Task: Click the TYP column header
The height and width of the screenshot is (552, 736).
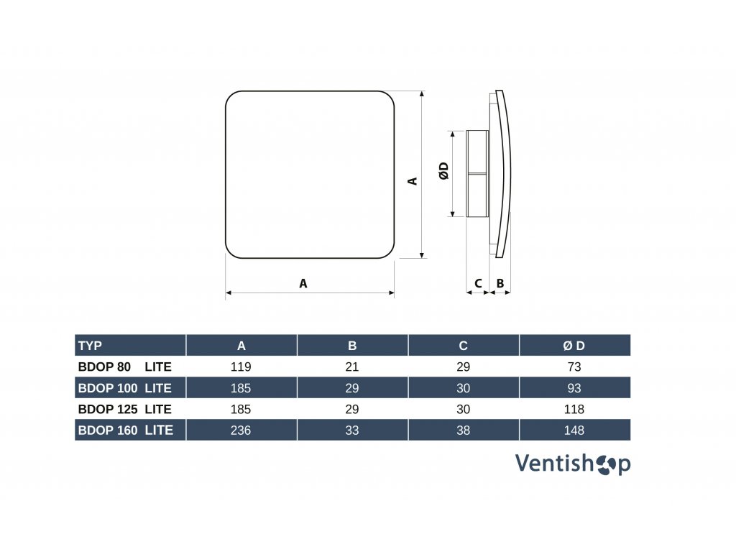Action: pyautogui.click(x=91, y=346)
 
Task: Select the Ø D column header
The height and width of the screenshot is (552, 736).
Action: pyautogui.click(x=574, y=346)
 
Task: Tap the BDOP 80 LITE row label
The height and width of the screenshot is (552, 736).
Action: pyautogui.click(x=124, y=367)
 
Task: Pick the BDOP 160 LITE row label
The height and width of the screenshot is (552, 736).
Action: pyautogui.click(x=124, y=431)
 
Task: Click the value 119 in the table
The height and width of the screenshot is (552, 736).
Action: pyautogui.click(x=241, y=367)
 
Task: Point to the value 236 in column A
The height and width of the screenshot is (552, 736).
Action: pyautogui.click(x=241, y=431)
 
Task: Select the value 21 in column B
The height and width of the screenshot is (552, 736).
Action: pyautogui.click(x=352, y=367)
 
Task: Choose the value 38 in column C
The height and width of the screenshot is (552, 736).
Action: pyautogui.click(x=464, y=431)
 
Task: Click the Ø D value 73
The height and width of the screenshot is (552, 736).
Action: pyautogui.click(x=574, y=367)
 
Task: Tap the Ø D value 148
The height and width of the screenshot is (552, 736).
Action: pyautogui.click(x=574, y=431)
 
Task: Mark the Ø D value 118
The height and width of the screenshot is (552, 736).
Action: pyautogui.click(x=574, y=409)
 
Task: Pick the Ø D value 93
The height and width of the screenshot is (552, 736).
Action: pyautogui.click(x=574, y=388)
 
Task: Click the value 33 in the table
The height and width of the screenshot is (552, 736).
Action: pyautogui.click(x=352, y=431)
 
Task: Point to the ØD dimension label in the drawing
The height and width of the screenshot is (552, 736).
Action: pyautogui.click(x=443, y=171)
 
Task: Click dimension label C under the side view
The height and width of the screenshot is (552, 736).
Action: pyautogui.click(x=478, y=283)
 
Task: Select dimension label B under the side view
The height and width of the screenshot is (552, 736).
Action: pyautogui.click(x=500, y=283)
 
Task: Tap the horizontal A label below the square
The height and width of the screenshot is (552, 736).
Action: pyautogui.click(x=303, y=283)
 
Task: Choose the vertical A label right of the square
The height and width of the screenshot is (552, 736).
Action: pyautogui.click(x=413, y=181)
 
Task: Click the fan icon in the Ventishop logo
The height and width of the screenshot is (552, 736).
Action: pyautogui.click(x=605, y=464)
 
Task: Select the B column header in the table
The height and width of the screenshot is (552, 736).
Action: pyautogui.click(x=352, y=346)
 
